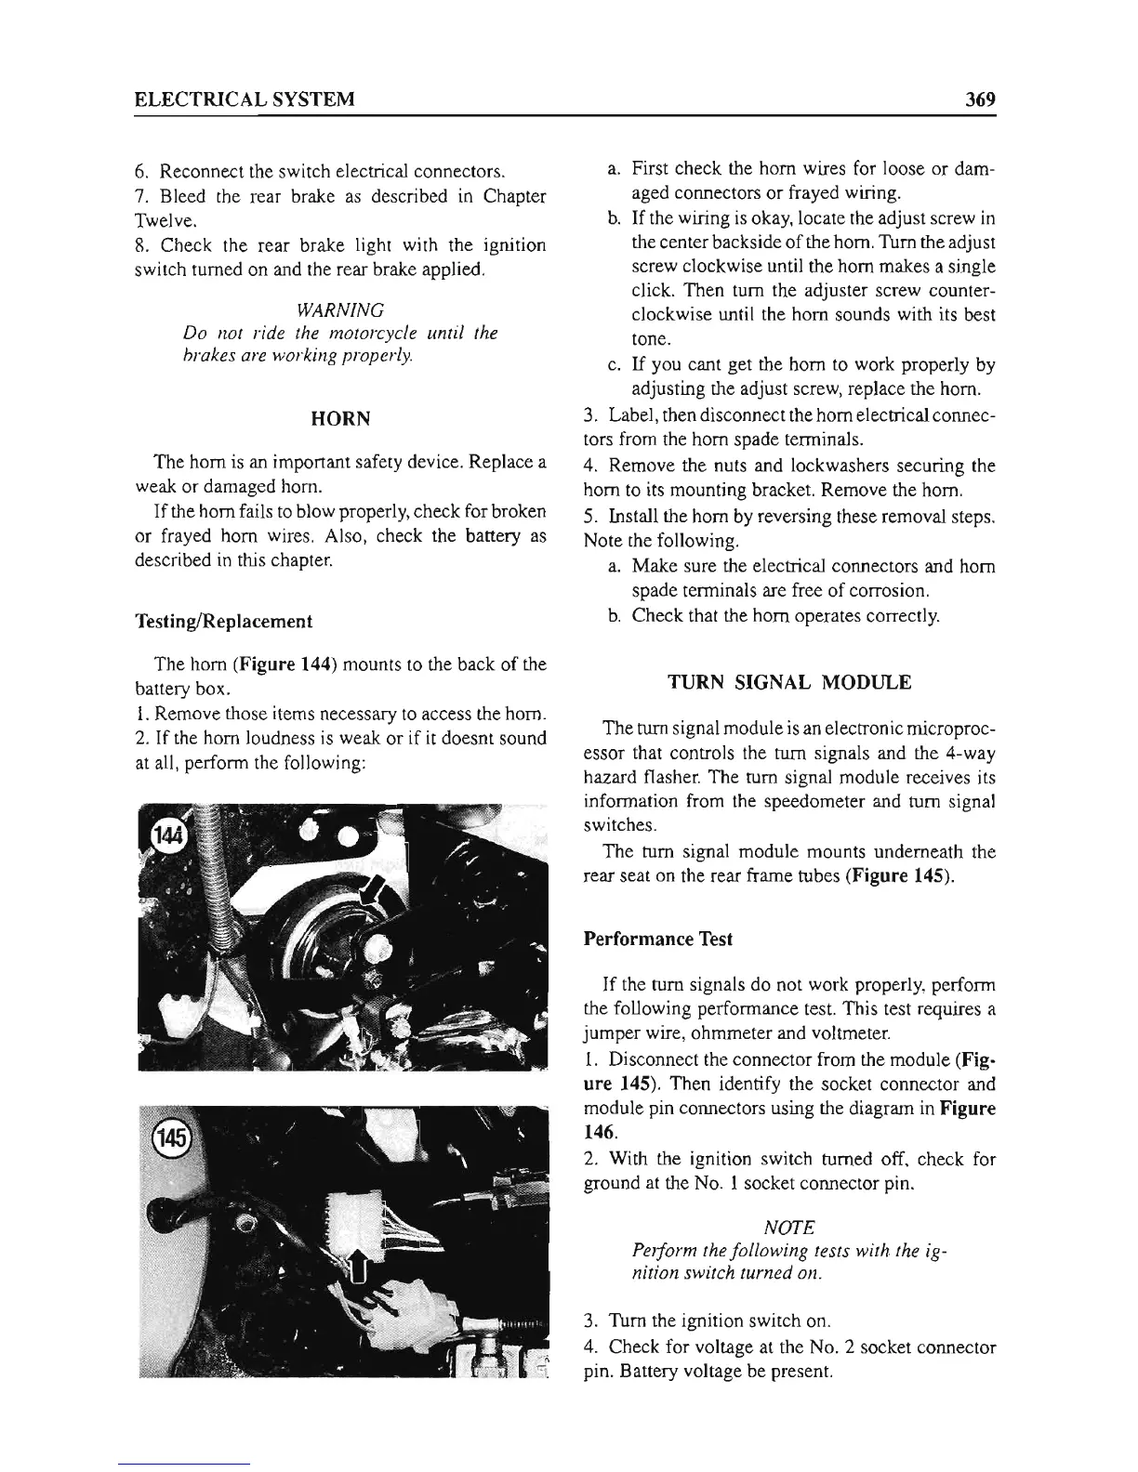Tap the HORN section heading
[x=340, y=419]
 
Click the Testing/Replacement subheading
[x=223, y=621]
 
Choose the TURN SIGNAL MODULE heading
[x=790, y=683]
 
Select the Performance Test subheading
[x=657, y=940]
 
